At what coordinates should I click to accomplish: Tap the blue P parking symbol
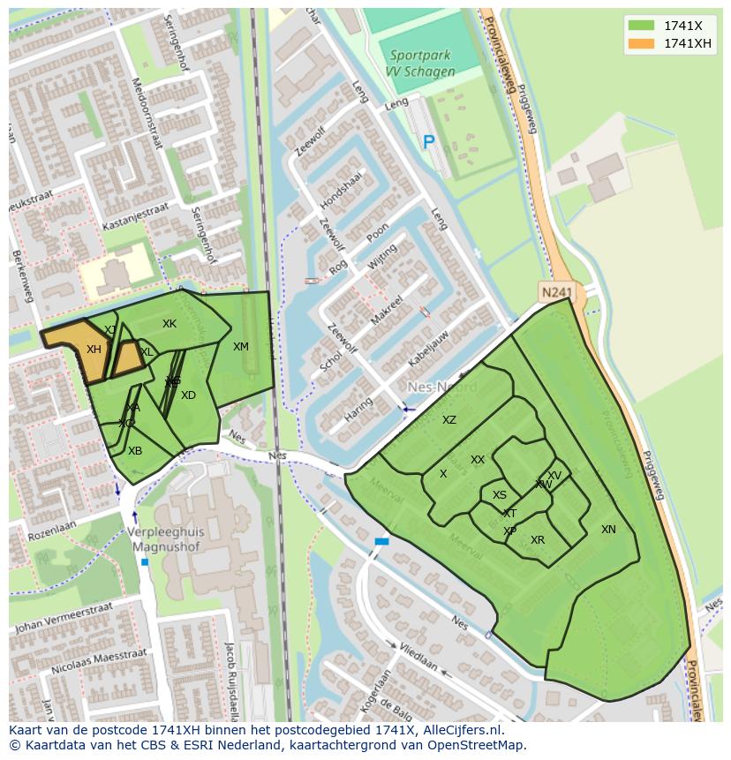[429, 141]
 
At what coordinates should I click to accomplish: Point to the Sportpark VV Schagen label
[421, 64]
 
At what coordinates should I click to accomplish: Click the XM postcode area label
[241, 347]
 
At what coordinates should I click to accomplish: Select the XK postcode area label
[170, 324]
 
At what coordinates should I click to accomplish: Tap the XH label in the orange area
[94, 350]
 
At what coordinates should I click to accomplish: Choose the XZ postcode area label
[449, 420]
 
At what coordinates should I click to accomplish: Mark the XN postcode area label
[608, 530]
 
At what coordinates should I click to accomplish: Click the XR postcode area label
[538, 540]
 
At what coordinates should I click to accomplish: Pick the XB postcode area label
[135, 451]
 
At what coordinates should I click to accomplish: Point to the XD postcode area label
[188, 395]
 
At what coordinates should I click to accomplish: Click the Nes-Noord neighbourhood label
[441, 388]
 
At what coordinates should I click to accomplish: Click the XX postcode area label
[478, 460]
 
